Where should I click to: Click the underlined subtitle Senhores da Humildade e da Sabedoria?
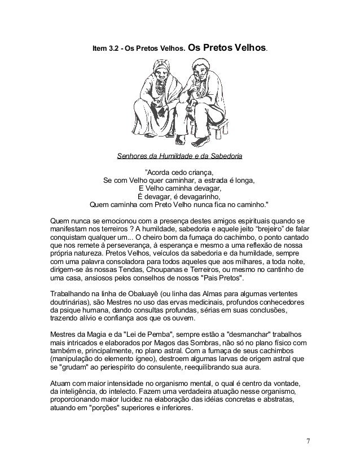coord(181,155)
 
